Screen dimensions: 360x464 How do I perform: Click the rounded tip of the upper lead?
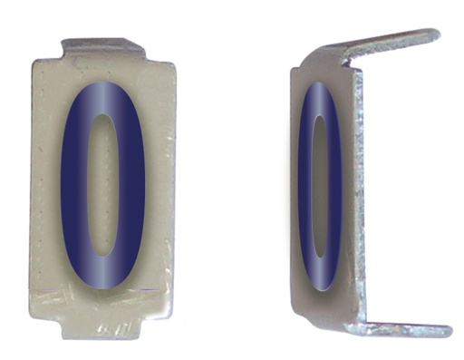pos(433,35)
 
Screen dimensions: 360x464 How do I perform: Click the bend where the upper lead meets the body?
pos(349,63)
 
